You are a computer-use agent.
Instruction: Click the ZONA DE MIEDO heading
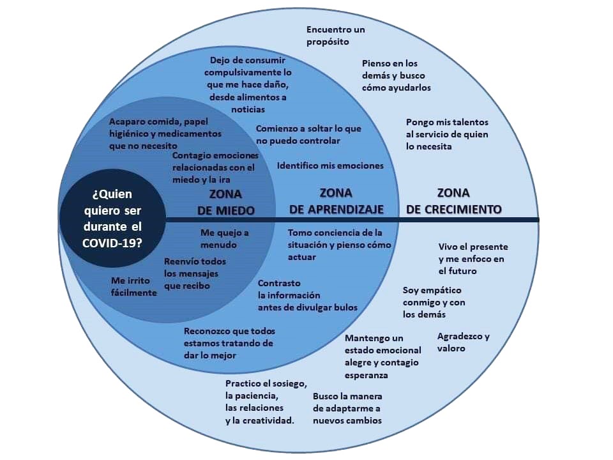(225, 203)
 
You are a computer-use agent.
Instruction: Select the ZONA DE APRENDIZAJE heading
(337, 201)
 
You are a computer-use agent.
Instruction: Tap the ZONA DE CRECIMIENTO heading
(453, 201)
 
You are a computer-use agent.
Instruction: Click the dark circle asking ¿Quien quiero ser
(112, 218)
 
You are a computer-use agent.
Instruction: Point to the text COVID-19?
(112, 243)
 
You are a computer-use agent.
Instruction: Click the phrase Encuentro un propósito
(335, 36)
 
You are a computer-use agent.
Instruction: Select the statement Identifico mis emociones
(330, 166)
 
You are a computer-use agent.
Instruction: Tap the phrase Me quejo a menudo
(224, 238)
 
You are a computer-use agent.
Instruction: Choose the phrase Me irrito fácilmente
(133, 287)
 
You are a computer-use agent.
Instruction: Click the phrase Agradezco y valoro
(464, 342)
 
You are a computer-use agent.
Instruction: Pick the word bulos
(345, 307)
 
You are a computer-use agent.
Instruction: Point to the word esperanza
(367, 376)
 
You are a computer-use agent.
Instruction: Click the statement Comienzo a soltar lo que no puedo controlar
(308, 135)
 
